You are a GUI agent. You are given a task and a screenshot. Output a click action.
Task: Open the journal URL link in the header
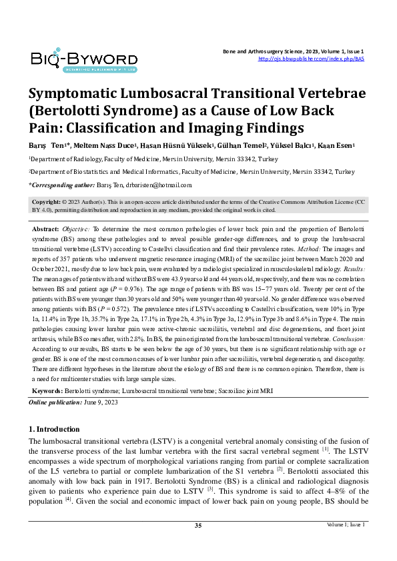[310, 59]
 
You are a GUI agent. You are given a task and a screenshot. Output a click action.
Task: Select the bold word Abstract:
[46, 228]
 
